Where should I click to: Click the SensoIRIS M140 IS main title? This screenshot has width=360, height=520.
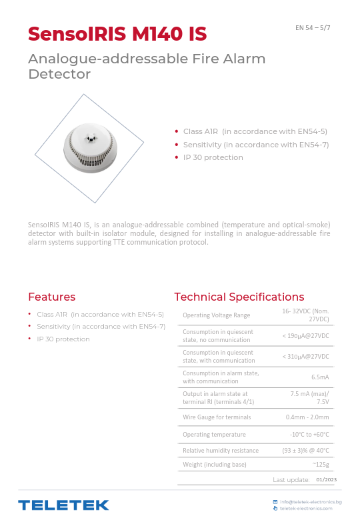tap(117, 33)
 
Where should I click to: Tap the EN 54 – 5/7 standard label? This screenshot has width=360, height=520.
tap(313, 27)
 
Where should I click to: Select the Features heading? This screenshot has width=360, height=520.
tap(51, 297)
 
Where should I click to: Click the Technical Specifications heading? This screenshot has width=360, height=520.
tap(239, 297)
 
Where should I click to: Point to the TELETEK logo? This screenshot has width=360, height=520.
tap(63, 505)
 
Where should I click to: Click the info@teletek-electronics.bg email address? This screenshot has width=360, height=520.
tap(311, 501)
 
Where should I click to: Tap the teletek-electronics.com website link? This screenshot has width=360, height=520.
tap(306, 508)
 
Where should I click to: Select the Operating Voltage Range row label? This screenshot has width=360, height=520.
tap(217, 315)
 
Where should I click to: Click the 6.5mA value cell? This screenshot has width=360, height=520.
tap(320, 377)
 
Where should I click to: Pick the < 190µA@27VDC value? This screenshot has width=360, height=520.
tap(306, 336)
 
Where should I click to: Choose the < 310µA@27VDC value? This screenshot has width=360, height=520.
tap(306, 357)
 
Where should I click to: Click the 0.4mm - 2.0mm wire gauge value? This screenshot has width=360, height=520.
tap(307, 417)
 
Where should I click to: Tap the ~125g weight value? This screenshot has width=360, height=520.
tap(321, 464)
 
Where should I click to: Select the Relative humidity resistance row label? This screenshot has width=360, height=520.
tap(221, 451)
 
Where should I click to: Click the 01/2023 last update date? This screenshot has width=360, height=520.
tap(326, 479)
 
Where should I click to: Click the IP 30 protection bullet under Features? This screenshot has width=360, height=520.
tap(63, 339)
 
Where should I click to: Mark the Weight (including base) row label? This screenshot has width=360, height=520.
tap(215, 464)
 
